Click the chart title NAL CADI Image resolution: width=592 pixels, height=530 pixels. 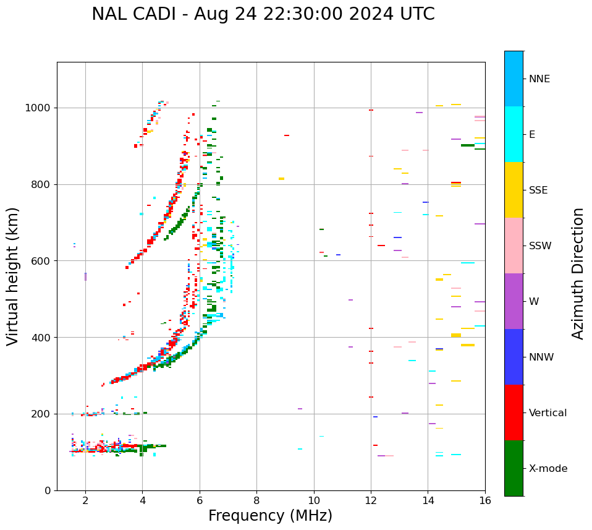tap(263, 14)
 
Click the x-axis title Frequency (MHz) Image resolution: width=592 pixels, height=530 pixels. tap(270, 516)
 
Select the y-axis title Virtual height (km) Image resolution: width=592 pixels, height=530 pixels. tap(13, 276)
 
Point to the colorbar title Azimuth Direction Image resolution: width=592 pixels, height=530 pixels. tap(578, 273)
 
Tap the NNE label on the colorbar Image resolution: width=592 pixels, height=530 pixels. tap(539, 79)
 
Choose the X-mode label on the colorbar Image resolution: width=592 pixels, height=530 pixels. tap(548, 469)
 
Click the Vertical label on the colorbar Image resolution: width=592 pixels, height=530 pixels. tap(548, 413)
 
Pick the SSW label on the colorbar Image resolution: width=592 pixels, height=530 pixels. tap(540, 246)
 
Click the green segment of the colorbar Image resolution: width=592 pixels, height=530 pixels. tap(514, 468)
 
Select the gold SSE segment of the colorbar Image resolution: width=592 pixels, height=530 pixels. tap(514, 190)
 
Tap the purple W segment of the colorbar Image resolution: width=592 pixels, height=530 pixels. tap(514, 301)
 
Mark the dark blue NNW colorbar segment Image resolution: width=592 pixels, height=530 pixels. tap(514, 357)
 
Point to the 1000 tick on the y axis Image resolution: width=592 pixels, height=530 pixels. tap(40, 108)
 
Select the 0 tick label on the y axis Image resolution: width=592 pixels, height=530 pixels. tap(48, 490)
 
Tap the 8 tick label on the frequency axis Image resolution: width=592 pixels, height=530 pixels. tap(256, 500)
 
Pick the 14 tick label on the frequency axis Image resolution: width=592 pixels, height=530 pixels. tap(428, 500)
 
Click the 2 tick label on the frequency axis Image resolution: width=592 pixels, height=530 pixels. tap(85, 500)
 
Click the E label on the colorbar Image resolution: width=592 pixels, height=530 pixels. tap(532, 135)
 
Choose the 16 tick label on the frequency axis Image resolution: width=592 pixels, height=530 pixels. tap(484, 500)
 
